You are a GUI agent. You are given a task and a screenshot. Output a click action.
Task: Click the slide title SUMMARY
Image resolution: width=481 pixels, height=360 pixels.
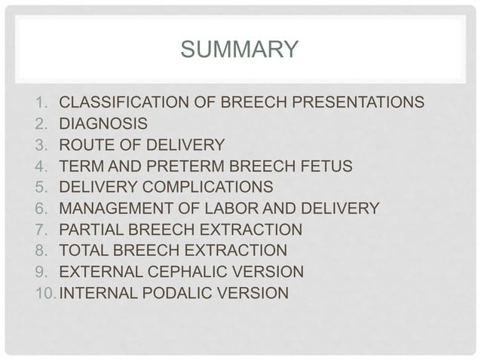tap(240, 51)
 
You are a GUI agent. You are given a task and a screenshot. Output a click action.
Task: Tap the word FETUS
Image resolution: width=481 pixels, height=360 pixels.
tap(326, 165)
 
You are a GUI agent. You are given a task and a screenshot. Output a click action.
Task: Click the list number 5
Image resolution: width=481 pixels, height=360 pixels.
tap(41, 187)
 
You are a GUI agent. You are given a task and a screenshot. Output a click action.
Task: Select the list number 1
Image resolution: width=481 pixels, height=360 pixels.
tap(41, 102)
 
